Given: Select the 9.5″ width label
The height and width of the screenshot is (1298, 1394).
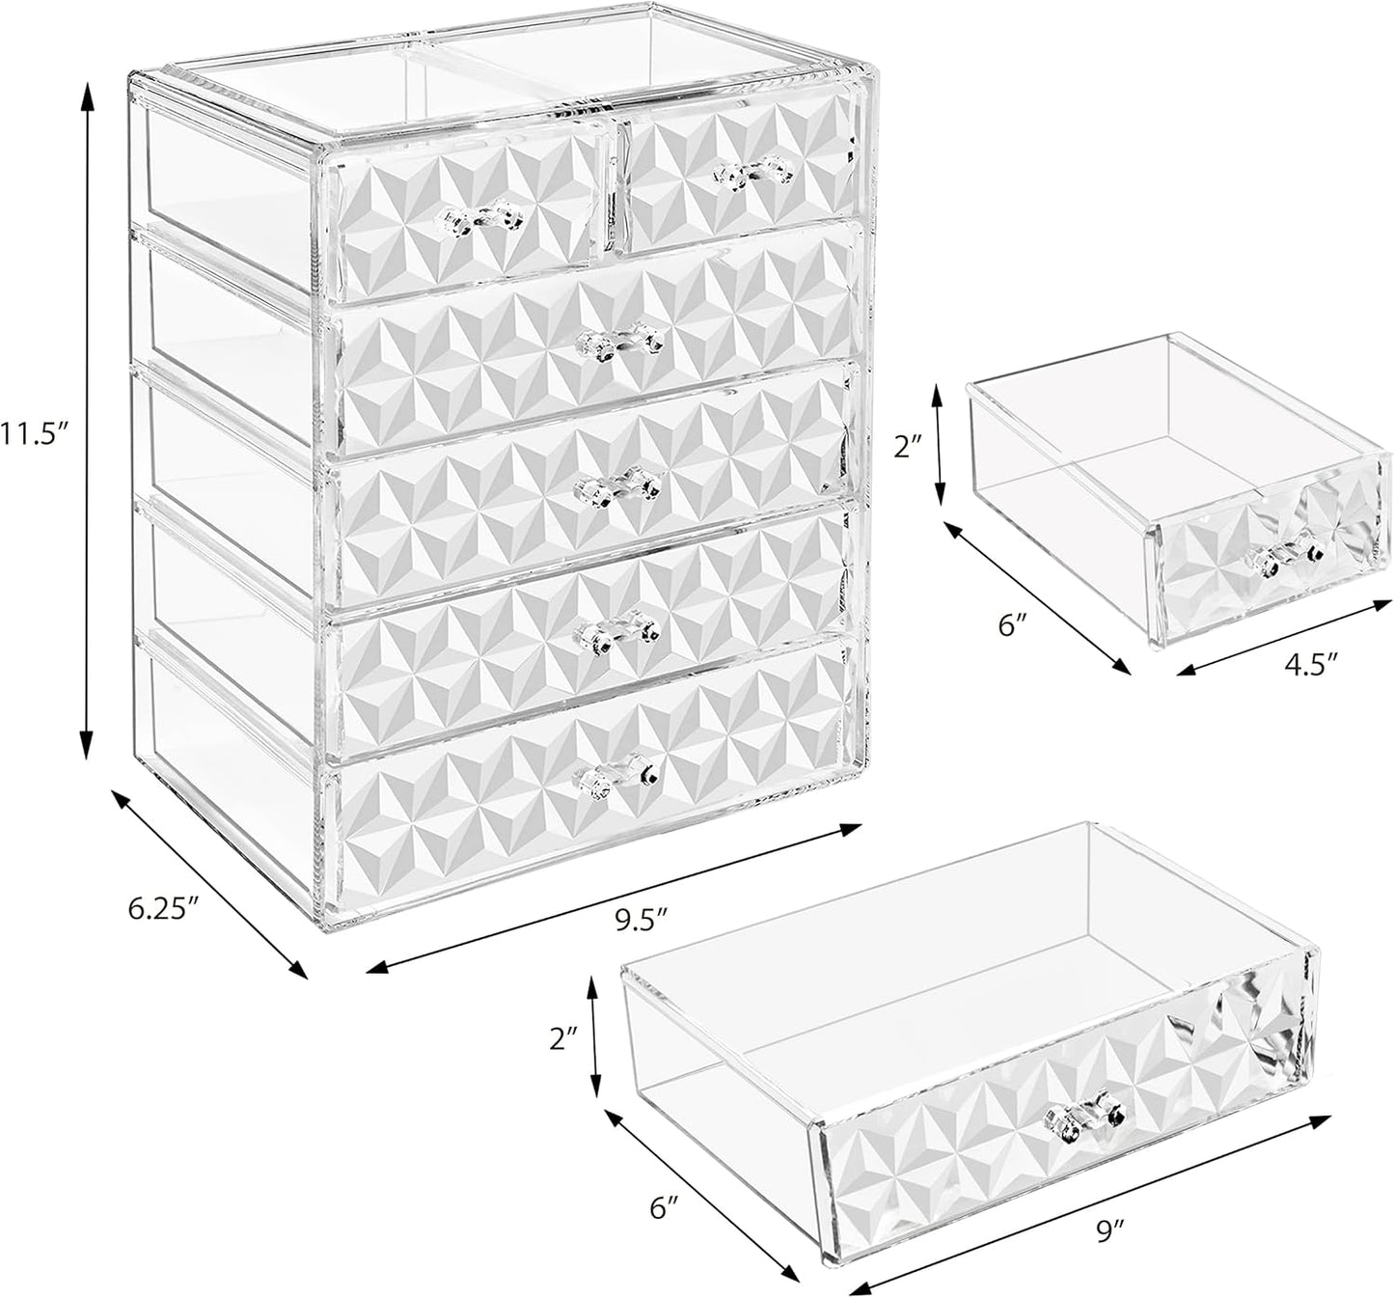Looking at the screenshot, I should pyautogui.click(x=642, y=919).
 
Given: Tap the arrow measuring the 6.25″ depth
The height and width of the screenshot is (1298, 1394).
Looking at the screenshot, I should pyautogui.click(x=209, y=882).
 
